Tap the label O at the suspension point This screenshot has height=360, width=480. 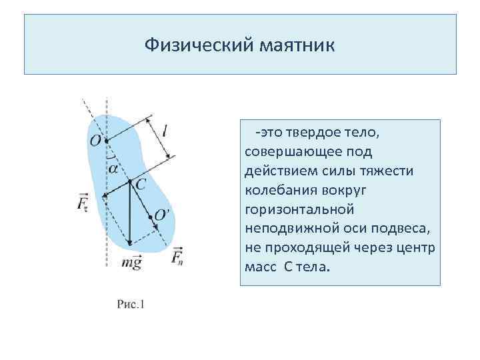[96, 141]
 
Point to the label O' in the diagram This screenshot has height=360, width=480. [162, 215]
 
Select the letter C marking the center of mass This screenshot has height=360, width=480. [141, 183]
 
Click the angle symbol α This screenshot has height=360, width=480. [113, 169]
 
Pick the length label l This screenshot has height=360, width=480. [164, 131]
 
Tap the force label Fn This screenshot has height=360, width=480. [177, 257]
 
